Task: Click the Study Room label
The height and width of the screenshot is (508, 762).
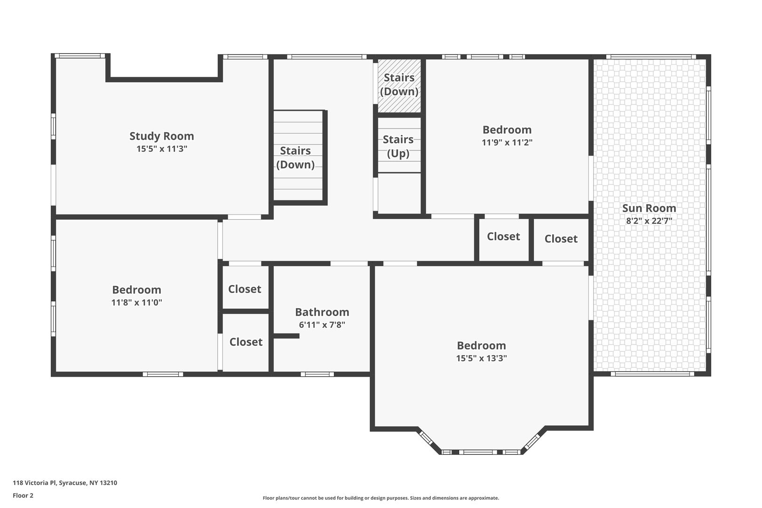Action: click(x=162, y=136)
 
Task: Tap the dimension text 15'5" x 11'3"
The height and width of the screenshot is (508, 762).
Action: click(x=162, y=149)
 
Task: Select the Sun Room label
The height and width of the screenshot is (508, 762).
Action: click(x=649, y=208)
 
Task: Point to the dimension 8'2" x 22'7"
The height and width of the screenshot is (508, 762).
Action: click(x=649, y=221)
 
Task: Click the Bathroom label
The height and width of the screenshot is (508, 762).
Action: click(x=322, y=312)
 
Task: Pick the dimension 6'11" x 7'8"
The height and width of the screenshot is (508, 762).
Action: click(x=322, y=325)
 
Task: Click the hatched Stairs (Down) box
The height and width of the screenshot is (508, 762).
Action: click(x=399, y=86)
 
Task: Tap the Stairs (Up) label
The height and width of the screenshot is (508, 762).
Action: click(x=398, y=146)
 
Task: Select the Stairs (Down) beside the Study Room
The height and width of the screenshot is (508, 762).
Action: click(x=295, y=158)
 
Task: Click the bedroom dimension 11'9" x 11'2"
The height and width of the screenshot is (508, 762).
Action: click(x=507, y=142)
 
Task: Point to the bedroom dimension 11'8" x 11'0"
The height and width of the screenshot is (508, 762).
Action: click(x=136, y=302)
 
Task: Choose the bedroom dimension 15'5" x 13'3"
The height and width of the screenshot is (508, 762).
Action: click(x=481, y=358)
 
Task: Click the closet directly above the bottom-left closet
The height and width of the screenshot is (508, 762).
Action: click(x=245, y=288)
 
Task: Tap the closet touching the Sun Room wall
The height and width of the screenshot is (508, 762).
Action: click(x=561, y=239)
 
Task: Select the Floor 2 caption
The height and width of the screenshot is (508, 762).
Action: click(x=23, y=495)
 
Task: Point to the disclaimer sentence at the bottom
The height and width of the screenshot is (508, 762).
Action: click(x=381, y=498)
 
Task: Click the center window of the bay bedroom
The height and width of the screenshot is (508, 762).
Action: click(x=480, y=452)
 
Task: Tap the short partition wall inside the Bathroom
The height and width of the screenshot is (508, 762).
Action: click(x=286, y=336)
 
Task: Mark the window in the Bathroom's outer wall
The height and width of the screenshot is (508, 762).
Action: click(x=317, y=374)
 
